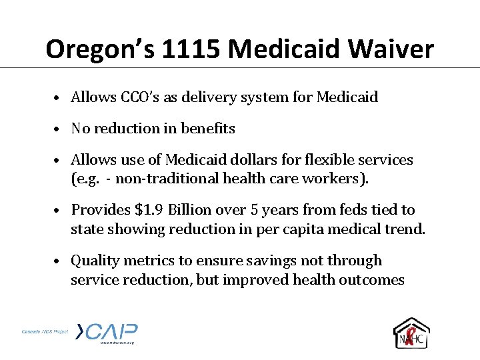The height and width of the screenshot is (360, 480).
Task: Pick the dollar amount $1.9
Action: click(x=151, y=210)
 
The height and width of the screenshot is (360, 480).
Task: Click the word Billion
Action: click(x=193, y=210)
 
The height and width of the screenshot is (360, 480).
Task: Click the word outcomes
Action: click(x=370, y=279)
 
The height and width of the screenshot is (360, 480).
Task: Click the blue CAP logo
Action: click(x=107, y=332)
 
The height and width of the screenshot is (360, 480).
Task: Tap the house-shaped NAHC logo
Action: click(x=412, y=333)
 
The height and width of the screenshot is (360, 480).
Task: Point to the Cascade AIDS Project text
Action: click(x=44, y=331)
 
